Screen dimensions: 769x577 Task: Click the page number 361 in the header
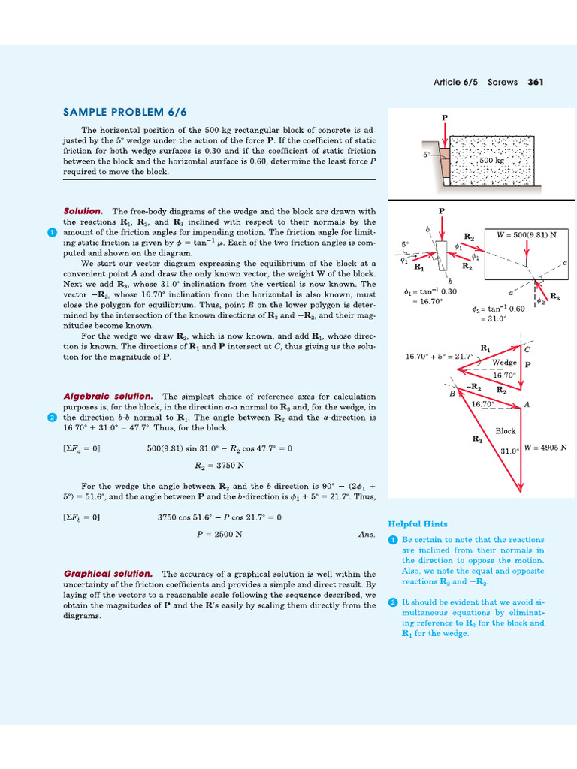tap(536, 82)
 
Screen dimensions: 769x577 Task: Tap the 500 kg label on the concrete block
tap(491, 160)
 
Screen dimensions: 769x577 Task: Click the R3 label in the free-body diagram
tap(554, 297)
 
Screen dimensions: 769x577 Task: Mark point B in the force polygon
tap(452, 392)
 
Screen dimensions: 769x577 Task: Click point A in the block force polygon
tap(527, 404)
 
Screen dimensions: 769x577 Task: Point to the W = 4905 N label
tap(545, 448)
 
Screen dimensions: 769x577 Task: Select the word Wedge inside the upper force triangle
tap(504, 362)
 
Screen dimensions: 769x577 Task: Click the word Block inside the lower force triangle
tap(506, 431)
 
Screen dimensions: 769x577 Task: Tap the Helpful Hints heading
tap(418, 523)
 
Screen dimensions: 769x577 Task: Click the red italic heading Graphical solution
tap(108, 574)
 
